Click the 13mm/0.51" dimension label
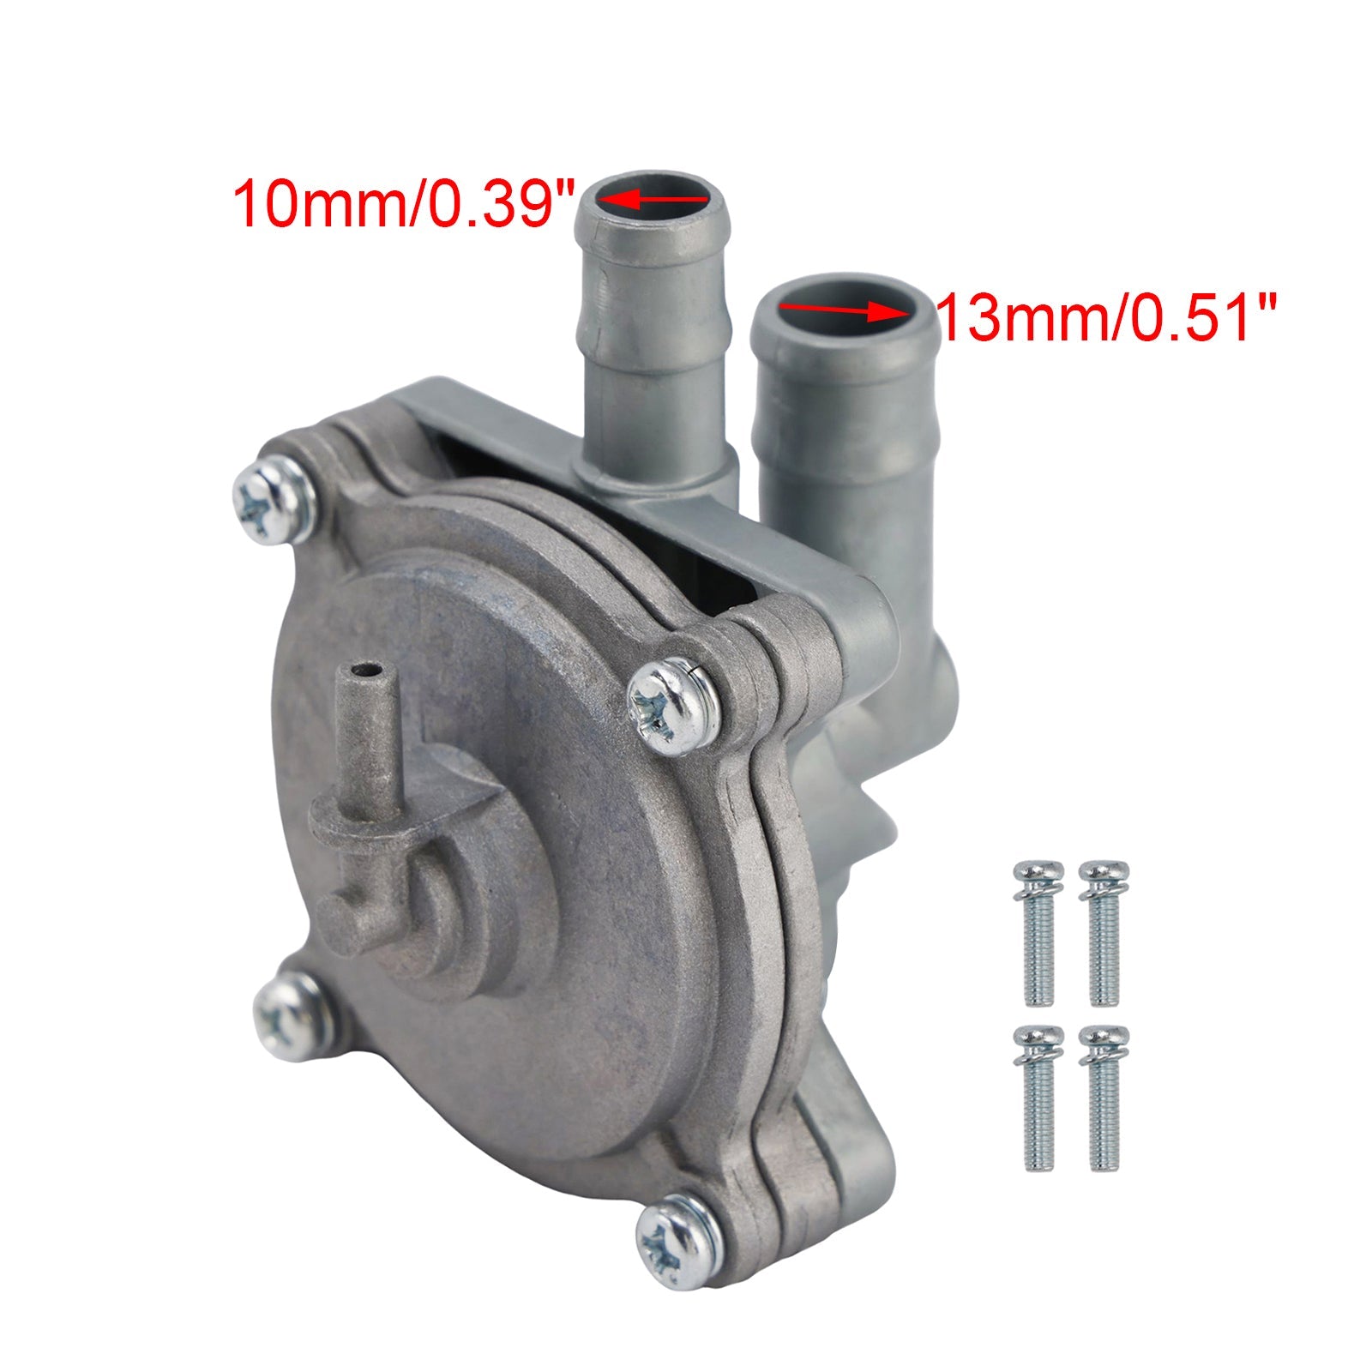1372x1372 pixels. [1107, 316]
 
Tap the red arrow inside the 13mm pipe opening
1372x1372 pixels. [845, 310]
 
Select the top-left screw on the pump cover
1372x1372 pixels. [274, 500]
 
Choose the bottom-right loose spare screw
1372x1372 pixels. [1103, 1098]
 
